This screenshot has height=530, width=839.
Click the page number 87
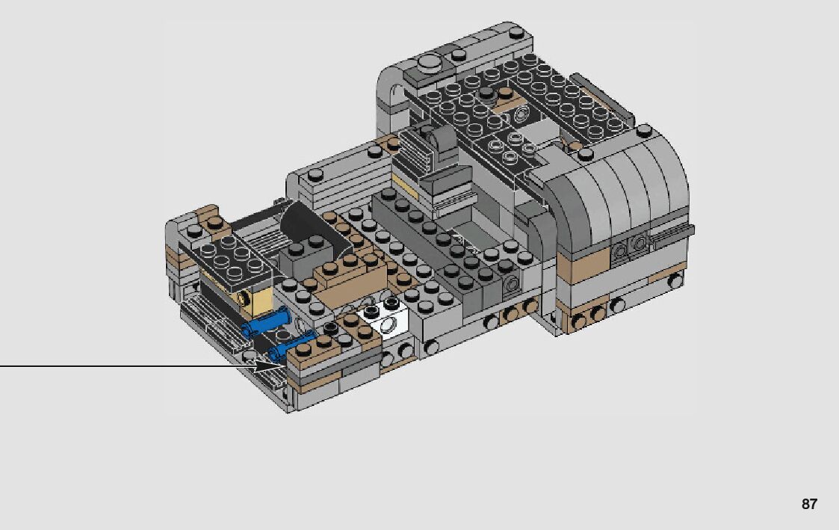click(x=809, y=504)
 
